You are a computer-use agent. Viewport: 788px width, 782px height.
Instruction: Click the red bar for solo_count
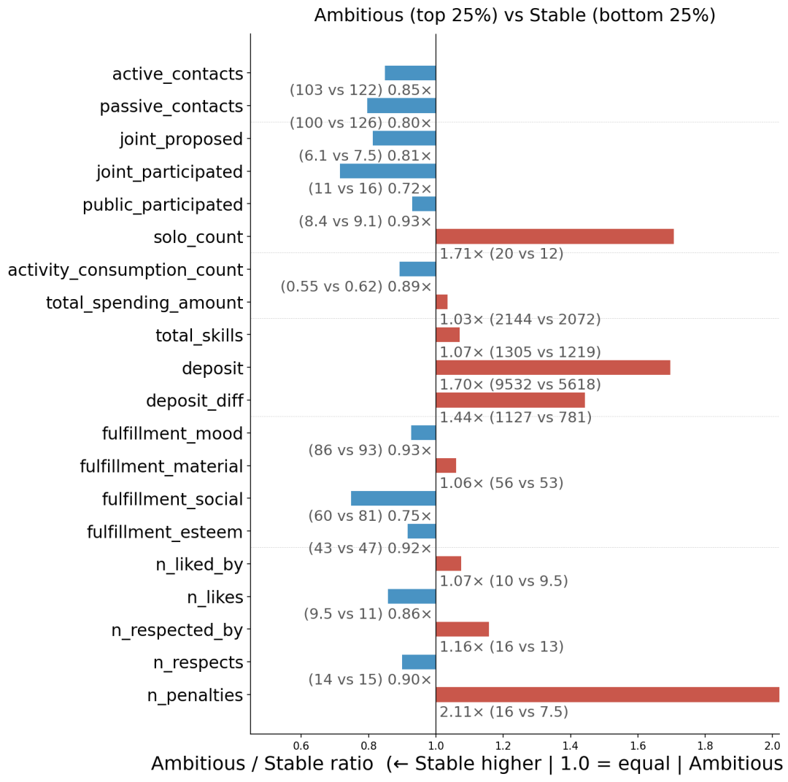click(555, 236)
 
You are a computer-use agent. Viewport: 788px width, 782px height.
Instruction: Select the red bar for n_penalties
click(608, 694)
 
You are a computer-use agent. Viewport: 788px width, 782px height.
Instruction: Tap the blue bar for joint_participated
click(388, 171)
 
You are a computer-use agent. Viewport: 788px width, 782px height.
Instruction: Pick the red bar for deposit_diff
click(511, 400)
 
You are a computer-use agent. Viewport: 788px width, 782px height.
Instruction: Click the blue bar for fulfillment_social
click(393, 498)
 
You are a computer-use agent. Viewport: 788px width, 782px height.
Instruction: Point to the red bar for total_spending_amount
click(441, 302)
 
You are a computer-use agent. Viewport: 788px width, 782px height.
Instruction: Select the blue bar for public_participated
click(424, 204)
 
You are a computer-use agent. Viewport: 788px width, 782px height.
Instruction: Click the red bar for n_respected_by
click(463, 630)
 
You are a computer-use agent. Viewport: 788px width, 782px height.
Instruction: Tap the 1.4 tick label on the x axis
click(571, 745)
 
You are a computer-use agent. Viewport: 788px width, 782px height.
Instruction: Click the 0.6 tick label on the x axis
click(301, 745)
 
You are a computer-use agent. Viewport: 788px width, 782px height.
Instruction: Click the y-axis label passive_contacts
click(171, 107)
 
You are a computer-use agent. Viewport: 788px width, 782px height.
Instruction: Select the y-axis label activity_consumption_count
click(125, 270)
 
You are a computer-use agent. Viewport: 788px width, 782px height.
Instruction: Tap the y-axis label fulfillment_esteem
click(165, 532)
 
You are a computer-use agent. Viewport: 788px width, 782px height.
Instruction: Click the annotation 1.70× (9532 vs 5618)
click(520, 384)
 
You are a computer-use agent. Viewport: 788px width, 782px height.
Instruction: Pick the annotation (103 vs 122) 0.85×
click(360, 90)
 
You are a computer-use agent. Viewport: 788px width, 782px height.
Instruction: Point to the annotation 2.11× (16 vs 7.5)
click(503, 712)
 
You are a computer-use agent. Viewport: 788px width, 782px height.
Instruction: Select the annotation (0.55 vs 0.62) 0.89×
click(356, 287)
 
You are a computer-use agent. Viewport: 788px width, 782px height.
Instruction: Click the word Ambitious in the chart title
click(359, 15)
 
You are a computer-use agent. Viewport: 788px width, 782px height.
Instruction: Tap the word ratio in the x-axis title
click(351, 764)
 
